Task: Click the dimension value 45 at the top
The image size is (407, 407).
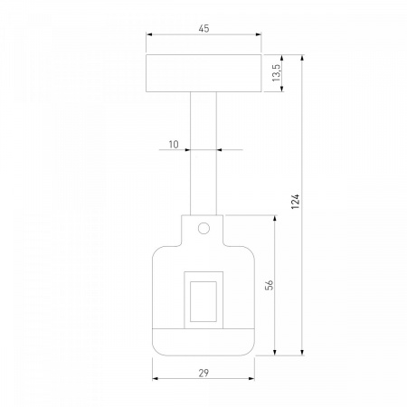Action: (x=203, y=29)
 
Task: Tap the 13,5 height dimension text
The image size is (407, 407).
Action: (x=276, y=73)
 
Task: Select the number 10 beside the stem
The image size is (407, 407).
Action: (x=174, y=145)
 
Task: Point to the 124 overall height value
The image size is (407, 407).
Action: (x=296, y=202)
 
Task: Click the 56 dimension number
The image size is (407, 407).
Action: (x=270, y=285)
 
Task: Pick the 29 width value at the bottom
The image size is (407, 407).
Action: (x=203, y=373)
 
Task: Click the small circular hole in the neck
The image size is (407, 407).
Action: (x=203, y=228)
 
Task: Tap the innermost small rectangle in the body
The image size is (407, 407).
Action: (x=203, y=301)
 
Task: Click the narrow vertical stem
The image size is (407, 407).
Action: (x=203, y=154)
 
